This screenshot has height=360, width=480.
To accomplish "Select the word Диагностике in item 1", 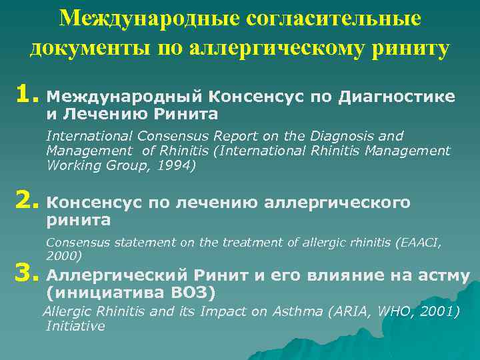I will tap(397, 97).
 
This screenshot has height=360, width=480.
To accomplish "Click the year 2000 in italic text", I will tap(61, 255).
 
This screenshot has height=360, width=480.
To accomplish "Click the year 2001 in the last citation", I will tap(439, 312).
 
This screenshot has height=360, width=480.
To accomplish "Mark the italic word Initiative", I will tap(75, 326).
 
